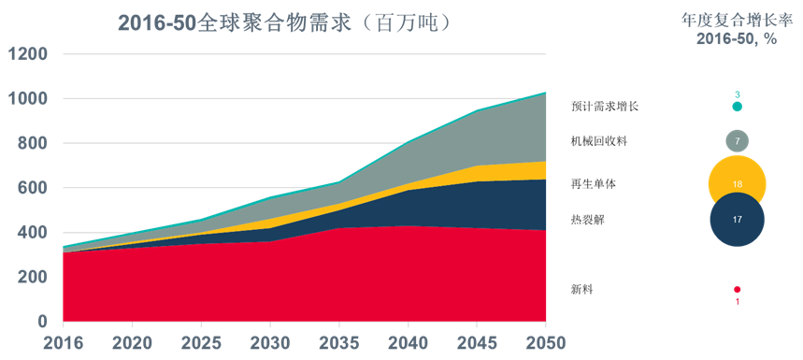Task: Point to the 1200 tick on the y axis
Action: [27, 54]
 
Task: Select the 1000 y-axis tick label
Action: [27, 99]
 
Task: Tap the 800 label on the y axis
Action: [32, 144]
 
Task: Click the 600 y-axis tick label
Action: [32, 188]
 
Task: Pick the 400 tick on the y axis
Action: [32, 233]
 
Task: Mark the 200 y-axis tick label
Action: [32, 278]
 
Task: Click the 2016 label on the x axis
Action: [63, 342]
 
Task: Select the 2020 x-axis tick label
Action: [133, 342]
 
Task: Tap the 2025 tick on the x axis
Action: [201, 342]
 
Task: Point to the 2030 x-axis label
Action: [270, 342]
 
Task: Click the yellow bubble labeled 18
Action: [738, 184]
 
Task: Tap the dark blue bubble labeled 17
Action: [738, 220]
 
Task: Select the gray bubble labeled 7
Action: [738, 141]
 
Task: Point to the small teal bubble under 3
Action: [738, 107]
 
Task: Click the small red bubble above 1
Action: [738, 290]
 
